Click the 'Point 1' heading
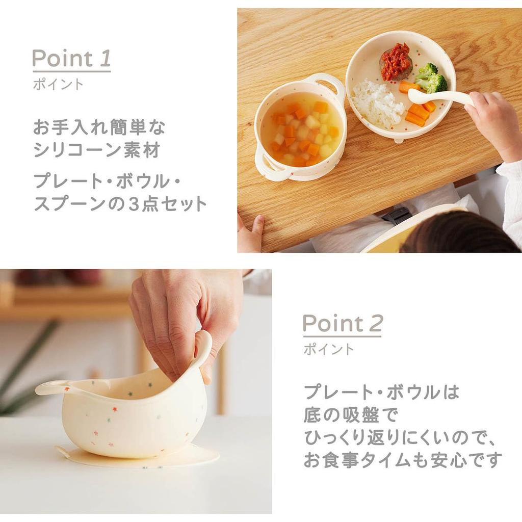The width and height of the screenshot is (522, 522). (71, 59)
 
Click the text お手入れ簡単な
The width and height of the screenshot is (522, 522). (99, 127)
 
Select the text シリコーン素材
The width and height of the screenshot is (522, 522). (97, 150)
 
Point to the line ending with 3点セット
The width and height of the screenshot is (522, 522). (120, 203)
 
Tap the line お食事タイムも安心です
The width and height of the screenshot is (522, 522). (403, 460)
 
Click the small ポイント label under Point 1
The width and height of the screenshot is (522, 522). (58, 84)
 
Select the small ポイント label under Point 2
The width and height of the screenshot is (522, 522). (329, 349)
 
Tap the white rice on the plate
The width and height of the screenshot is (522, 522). (378, 103)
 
